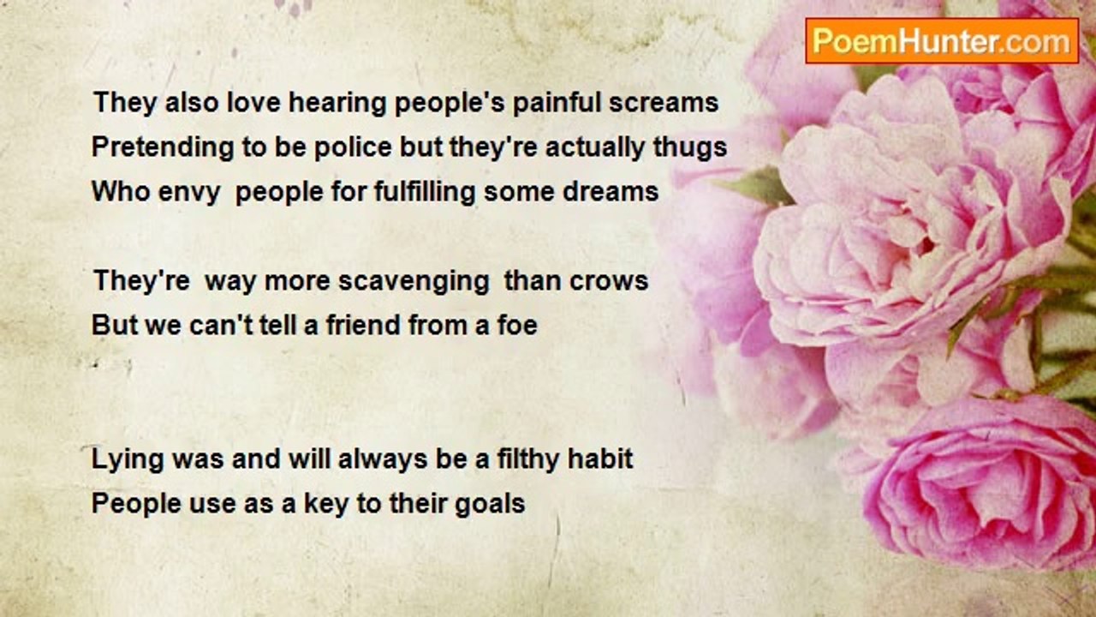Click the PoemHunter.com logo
(x=942, y=41)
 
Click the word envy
(x=189, y=192)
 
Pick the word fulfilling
(x=426, y=191)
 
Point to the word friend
(x=364, y=325)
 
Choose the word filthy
(x=528, y=460)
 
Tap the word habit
(x=600, y=458)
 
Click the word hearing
(x=337, y=104)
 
